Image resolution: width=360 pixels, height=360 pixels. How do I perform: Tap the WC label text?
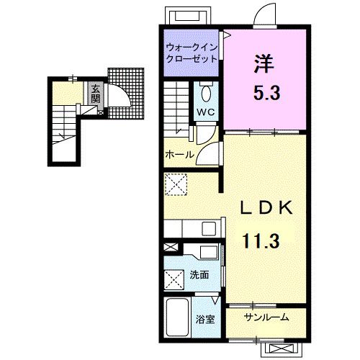coord(206,112)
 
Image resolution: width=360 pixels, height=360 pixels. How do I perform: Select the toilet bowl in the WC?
coord(206,94)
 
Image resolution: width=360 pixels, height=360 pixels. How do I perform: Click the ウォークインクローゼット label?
coord(192,53)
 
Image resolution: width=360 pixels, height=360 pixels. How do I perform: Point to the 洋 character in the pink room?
coord(264,63)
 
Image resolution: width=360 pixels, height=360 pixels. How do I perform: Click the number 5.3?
coord(267,93)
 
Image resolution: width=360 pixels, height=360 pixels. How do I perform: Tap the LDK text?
coord(266,207)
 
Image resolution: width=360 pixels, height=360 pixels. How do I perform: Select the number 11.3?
coord(261,241)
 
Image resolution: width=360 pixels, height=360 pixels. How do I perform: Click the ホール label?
coord(179,154)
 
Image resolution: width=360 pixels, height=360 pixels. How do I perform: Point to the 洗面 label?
coord(199,275)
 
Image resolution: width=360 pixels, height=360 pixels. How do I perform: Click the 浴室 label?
coord(205,320)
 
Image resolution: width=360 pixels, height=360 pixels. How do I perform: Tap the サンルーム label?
coord(266,318)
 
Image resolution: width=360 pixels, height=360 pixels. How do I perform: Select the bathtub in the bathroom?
coord(177,317)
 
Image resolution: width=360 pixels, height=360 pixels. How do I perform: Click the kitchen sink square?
coord(209,229)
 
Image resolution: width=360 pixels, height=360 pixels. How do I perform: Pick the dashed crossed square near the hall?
coord(176,184)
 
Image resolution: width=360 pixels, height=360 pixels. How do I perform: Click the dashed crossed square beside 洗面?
coord(174,280)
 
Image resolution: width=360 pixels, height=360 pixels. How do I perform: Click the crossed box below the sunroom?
coord(282,348)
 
